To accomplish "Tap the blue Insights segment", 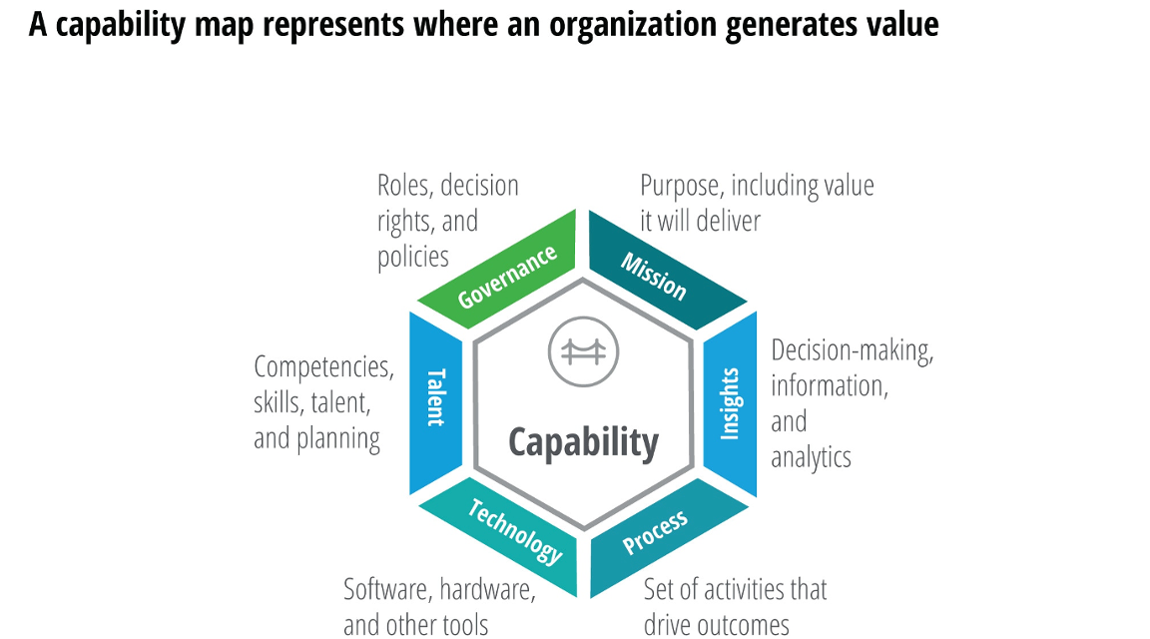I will [731, 403].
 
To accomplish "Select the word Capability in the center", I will [583, 441].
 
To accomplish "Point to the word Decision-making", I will [852, 351].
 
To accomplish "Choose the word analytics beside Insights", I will [811, 456].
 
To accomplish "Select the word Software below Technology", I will [386, 590].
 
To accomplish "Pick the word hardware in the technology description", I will [488, 590].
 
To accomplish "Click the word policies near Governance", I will [412, 257].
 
